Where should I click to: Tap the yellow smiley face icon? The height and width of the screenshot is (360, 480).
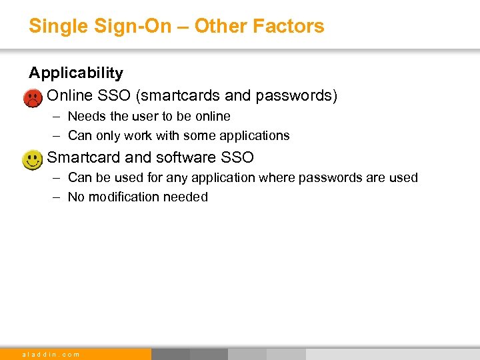(x=31, y=160)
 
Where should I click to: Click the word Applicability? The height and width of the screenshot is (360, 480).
(x=76, y=73)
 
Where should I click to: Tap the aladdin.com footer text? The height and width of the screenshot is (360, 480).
(x=51, y=354)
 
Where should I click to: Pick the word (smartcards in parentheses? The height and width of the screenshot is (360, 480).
(x=175, y=96)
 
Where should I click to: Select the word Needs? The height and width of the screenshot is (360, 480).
(x=87, y=116)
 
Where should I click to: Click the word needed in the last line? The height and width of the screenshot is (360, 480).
(x=187, y=197)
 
